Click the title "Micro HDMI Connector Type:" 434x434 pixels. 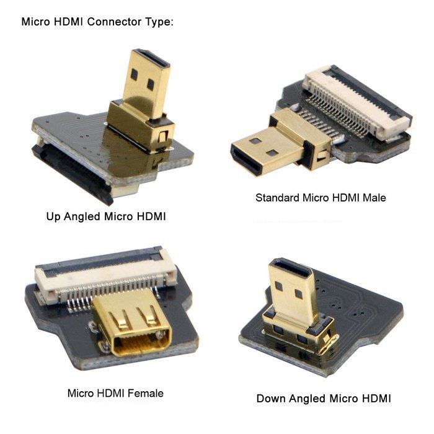click(97, 22)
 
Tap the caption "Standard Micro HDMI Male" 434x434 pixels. click(321, 198)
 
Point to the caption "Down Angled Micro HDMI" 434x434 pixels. click(323, 398)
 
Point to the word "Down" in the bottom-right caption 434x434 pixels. click(270, 398)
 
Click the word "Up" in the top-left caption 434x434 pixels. click(53, 217)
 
